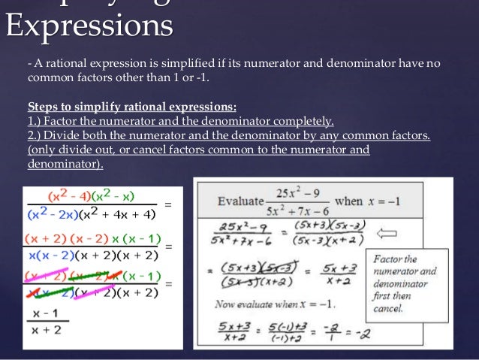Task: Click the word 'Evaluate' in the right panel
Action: tap(239, 201)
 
